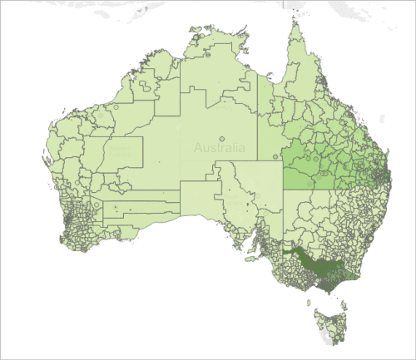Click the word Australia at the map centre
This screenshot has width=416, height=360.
pos(220,148)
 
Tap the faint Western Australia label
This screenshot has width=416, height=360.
pos(121,149)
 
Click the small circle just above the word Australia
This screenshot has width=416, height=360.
pos(221,139)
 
